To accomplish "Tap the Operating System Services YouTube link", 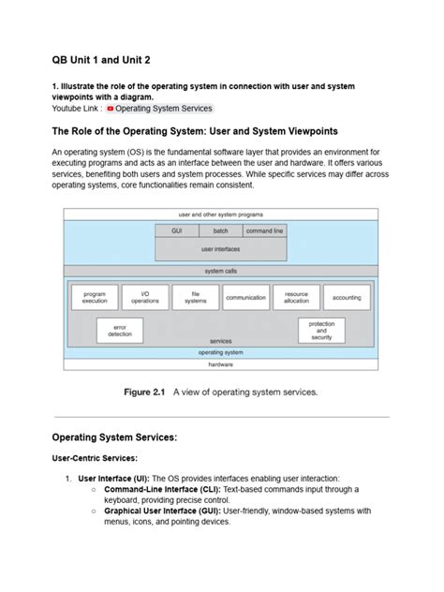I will pos(164,109).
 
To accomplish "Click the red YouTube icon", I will pos(110,109).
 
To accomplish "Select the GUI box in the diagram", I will pos(176,230).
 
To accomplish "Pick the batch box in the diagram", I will pos(220,230).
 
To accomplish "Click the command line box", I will pos(264,230).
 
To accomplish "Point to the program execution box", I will pos(95,298).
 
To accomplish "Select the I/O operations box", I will pos(145,298).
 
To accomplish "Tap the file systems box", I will pos(195,298).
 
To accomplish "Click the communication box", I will pos(245,298).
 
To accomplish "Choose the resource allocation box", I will pos(296,298).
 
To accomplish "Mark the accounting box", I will pos(347,298).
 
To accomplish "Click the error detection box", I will pos(120,330).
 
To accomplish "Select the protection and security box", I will pos(321,331).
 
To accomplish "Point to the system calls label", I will pos(221,271).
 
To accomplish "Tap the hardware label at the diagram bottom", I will pos(221,364).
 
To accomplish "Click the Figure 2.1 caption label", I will pos(145,392).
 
